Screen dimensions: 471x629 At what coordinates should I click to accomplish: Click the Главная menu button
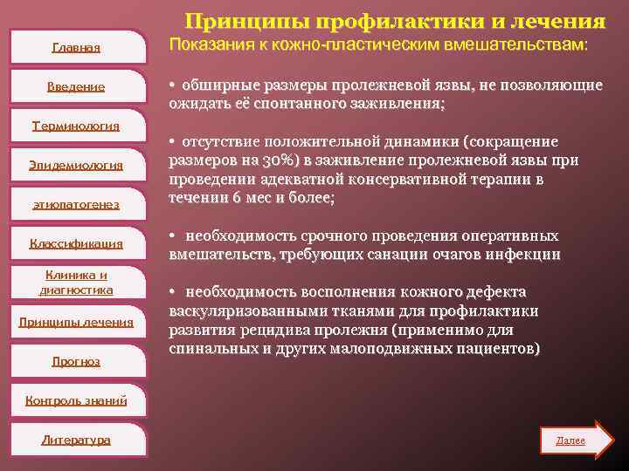[x=76, y=47]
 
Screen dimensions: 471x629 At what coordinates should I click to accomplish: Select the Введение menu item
[x=76, y=86]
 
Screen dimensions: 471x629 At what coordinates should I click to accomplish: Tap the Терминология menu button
[x=75, y=126]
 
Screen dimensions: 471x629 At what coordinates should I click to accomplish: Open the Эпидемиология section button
[x=75, y=165]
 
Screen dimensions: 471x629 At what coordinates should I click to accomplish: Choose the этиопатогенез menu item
[x=75, y=203]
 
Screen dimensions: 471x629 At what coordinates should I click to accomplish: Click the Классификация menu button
[x=75, y=243]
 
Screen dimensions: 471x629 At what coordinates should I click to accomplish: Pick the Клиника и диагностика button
[x=75, y=282]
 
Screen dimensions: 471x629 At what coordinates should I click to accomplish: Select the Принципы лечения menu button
[x=76, y=322]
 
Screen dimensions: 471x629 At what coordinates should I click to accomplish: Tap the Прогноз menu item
[x=76, y=360]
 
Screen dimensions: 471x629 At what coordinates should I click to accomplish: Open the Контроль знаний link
[x=76, y=400]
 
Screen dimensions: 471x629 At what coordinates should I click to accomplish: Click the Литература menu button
[x=76, y=440]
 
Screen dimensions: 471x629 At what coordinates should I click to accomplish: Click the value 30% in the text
[x=265, y=160]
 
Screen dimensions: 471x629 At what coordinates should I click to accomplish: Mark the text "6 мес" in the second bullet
[x=251, y=198]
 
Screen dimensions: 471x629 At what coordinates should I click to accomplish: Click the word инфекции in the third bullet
[x=529, y=255]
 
